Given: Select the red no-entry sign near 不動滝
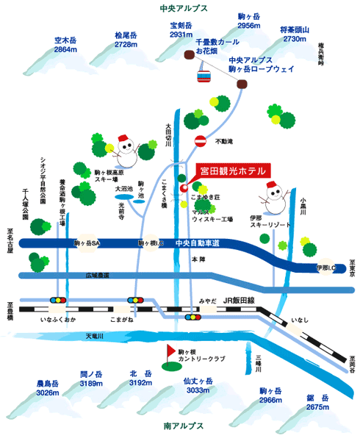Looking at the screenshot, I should point(201,140).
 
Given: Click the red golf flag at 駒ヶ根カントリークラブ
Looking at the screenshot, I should point(171,350).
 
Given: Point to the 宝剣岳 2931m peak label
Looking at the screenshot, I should point(181,30).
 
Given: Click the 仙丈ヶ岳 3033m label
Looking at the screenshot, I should point(198,386).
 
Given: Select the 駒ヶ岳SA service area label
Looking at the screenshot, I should point(87,243).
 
